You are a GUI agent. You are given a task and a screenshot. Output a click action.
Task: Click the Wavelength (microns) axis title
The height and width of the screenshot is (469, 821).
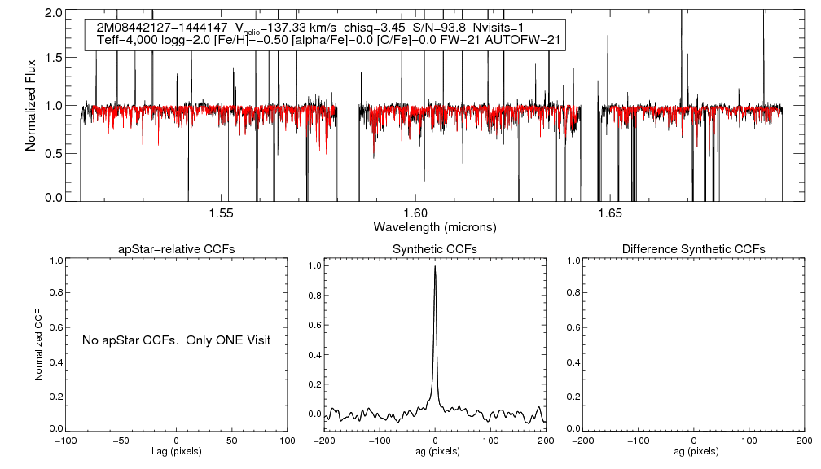435,226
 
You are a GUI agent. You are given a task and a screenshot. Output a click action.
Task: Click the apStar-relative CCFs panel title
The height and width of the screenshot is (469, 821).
178,248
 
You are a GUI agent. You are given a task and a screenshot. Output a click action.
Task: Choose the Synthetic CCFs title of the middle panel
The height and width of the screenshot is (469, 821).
435,248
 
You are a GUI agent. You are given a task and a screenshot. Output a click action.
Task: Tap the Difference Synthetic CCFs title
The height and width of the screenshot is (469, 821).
693,248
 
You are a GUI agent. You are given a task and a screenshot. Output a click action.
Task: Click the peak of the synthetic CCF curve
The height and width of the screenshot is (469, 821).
436,265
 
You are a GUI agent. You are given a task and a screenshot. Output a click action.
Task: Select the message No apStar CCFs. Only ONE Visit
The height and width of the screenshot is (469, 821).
176,340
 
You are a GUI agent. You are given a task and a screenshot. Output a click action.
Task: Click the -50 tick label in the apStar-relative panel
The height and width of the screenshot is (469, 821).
121,441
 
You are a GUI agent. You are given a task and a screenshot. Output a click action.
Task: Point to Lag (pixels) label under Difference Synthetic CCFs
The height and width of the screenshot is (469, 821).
693,450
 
